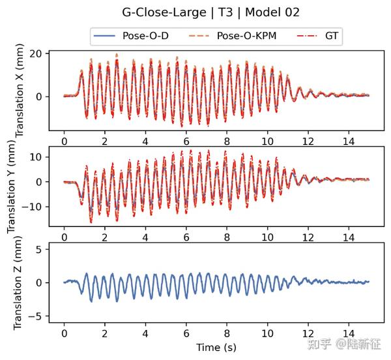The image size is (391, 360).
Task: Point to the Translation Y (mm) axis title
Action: pyautogui.click(x=12, y=189)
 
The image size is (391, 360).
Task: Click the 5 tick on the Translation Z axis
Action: pyautogui.click(x=40, y=249)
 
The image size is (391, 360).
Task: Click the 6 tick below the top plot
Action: pyautogui.click(x=186, y=140)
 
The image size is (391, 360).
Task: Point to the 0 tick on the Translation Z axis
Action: pyautogui.click(x=40, y=283)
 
